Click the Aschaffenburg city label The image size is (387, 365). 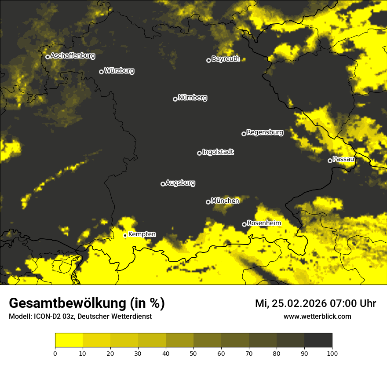click(x=73, y=56)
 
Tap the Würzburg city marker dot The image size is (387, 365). click(x=101, y=72)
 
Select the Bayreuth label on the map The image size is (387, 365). click(x=226, y=59)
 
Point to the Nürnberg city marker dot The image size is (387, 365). click(x=175, y=99)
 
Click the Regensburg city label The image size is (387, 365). click(x=265, y=132)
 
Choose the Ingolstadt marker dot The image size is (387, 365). click(x=199, y=153)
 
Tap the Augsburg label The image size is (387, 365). click(x=180, y=182)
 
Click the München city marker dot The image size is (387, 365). click(x=208, y=202)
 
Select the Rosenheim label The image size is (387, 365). click(x=264, y=223)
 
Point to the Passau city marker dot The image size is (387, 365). click(x=330, y=161)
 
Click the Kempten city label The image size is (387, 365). click(x=142, y=234)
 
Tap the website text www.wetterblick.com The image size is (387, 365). click(x=317, y=316)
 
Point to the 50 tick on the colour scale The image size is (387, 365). click(x=193, y=353)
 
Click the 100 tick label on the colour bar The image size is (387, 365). click(x=332, y=353)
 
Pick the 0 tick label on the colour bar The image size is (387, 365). click(x=55, y=353)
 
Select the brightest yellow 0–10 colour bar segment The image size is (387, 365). click(x=69, y=340)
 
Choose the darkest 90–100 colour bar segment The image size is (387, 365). click(x=318, y=340)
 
